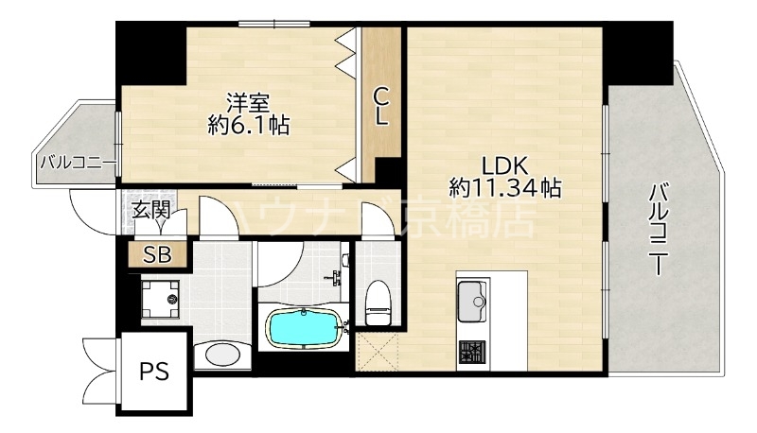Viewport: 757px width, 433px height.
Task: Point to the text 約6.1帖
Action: (248, 124)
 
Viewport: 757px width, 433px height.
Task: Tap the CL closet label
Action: (380, 105)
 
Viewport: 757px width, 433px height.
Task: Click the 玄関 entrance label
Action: (150, 210)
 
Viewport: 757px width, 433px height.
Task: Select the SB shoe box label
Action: (156, 253)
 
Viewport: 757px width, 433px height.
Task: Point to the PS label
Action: (154, 371)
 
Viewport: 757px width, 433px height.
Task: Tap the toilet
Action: (378, 302)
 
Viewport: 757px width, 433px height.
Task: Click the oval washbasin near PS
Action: (223, 355)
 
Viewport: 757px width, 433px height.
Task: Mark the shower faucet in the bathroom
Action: (334, 276)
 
